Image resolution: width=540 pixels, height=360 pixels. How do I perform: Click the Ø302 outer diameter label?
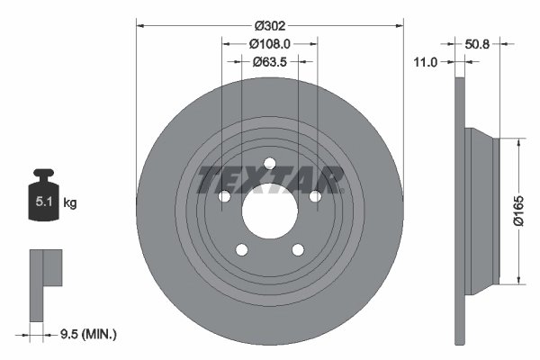tap(269, 26)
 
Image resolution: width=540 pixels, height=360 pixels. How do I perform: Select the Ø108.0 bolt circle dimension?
tap(269, 43)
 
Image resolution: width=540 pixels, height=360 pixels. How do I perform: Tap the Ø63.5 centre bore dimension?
tap(269, 62)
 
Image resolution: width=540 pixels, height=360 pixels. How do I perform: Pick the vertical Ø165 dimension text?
tap(518, 211)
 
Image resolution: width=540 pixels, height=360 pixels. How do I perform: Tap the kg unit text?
tap(70, 203)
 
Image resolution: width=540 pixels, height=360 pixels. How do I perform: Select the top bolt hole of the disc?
tap(269, 164)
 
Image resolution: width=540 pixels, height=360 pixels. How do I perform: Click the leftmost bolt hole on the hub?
tap(223, 197)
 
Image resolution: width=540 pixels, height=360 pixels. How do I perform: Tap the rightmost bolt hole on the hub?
tap(315, 197)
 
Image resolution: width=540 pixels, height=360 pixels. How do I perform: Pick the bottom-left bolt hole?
tap(241, 251)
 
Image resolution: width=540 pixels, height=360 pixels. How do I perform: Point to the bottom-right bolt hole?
tap(298, 251)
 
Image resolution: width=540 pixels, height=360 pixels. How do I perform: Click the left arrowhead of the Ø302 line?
tap(140, 26)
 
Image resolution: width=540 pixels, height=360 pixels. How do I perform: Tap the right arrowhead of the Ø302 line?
tap(399, 26)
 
